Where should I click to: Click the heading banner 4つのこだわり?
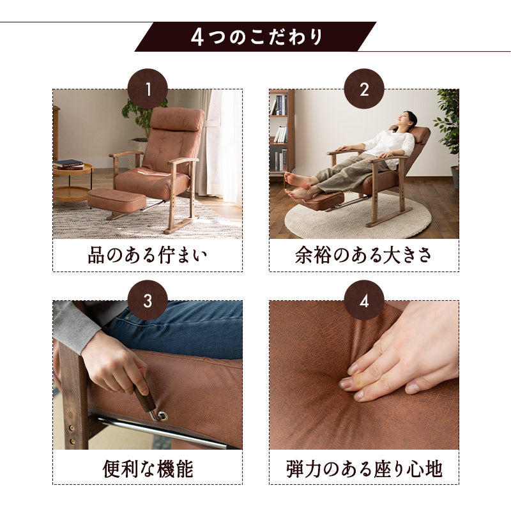click(256, 37)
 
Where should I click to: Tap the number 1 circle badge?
click(148, 89)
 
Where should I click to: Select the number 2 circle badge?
click(364, 89)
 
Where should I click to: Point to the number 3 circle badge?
click(148, 300)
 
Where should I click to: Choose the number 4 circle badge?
click(364, 300)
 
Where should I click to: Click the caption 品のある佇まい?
click(148, 256)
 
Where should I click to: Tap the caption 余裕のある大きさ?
click(364, 256)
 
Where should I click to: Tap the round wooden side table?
click(71, 182)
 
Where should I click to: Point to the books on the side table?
click(68, 164)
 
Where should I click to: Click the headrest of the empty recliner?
click(178, 119)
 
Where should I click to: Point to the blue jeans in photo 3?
click(179, 329)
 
